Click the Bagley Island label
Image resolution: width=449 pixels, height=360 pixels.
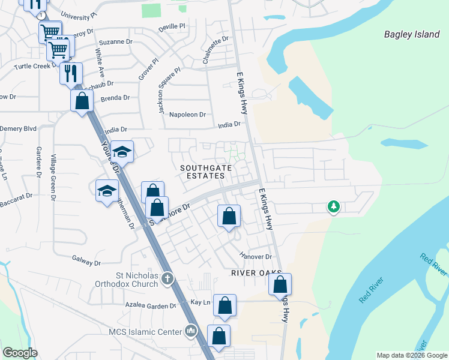tap(412, 34)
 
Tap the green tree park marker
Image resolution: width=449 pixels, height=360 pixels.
tap(333, 207)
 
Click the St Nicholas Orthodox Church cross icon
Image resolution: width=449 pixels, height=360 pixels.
tap(167, 278)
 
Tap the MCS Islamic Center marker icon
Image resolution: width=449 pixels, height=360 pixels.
tap(191, 331)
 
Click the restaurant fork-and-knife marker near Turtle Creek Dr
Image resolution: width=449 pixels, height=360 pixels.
tap(71, 73)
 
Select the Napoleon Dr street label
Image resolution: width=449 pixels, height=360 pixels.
tap(187, 115)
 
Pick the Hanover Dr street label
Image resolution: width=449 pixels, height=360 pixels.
tap(255, 256)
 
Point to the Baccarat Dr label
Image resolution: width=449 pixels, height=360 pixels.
tap(16, 196)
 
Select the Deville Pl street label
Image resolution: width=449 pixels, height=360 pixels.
tap(172, 28)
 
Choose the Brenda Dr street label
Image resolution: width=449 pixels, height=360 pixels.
tap(115, 98)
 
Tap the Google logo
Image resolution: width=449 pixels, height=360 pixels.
tap(20, 353)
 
